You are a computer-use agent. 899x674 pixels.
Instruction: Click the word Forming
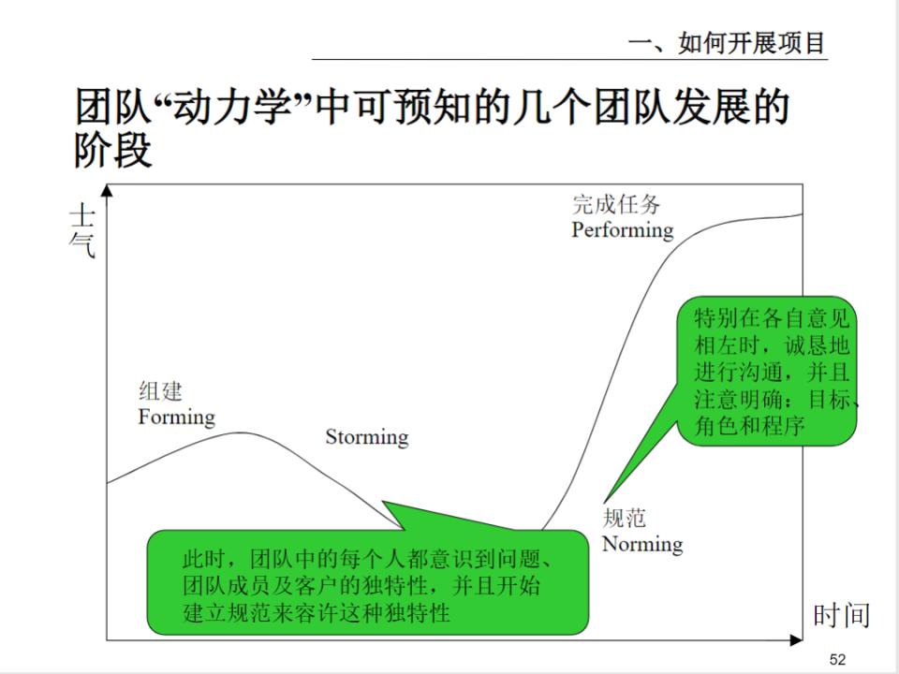[176, 417]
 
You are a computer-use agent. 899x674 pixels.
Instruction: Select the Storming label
[367, 437]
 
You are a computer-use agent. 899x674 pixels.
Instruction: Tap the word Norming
[642, 544]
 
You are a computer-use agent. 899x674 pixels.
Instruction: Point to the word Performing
[623, 229]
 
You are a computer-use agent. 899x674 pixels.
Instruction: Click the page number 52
[837, 660]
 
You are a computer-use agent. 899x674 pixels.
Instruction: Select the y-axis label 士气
[82, 232]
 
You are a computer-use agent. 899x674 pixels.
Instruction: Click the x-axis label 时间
[841, 615]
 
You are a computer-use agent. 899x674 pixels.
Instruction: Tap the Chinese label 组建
[160, 391]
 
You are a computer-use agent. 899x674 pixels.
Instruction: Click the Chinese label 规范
[625, 518]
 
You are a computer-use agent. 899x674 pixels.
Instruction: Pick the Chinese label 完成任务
[615, 204]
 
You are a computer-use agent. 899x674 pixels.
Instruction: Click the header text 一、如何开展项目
[727, 43]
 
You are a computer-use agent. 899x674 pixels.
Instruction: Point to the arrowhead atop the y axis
[108, 191]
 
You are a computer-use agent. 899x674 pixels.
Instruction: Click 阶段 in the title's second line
[113, 150]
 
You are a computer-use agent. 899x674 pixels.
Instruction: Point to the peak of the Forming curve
[243, 432]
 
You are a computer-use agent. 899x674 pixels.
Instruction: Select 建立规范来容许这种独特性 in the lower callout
[317, 613]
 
